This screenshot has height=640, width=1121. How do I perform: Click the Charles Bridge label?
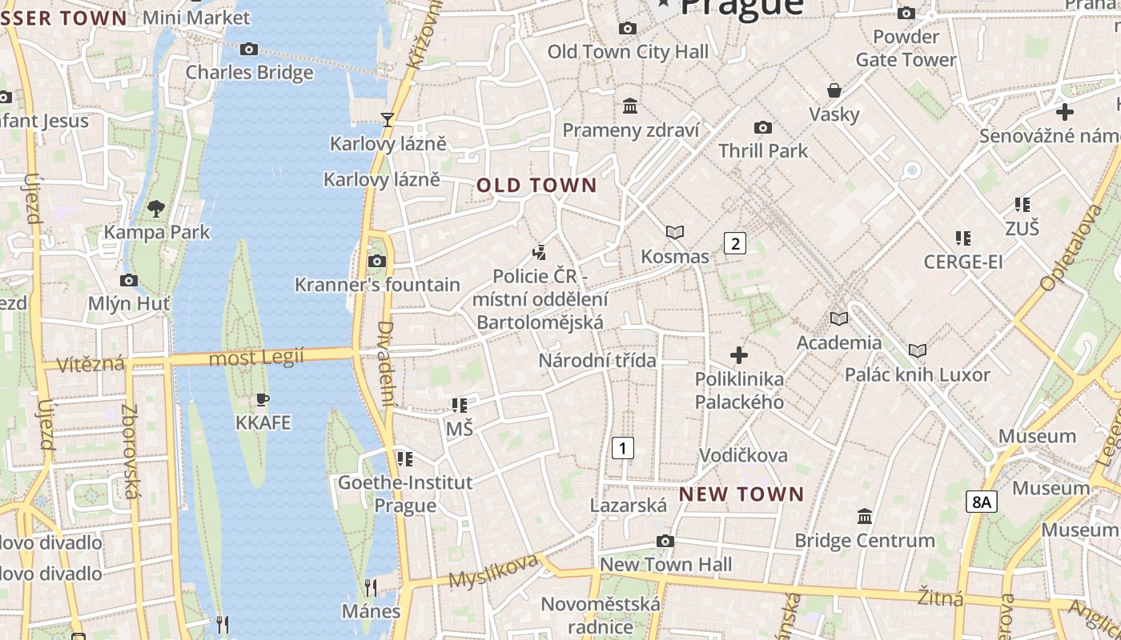(249, 73)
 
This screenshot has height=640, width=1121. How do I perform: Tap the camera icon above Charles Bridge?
(249, 50)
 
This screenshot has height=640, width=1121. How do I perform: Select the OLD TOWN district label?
(536, 186)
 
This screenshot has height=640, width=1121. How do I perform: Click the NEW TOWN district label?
(741, 494)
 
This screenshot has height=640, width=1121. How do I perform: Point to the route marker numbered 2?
(734, 243)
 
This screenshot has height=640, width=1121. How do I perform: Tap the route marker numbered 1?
(622, 448)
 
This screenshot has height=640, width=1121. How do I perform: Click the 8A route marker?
(981, 502)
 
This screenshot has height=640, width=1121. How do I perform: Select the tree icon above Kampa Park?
(156, 209)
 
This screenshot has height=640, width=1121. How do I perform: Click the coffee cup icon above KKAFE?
(262, 399)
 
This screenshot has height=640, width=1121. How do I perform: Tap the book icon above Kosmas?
(675, 233)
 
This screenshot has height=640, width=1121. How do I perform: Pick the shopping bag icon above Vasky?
(834, 90)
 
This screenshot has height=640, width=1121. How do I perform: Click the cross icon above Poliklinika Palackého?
(739, 354)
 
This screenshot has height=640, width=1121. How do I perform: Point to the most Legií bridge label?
(256, 358)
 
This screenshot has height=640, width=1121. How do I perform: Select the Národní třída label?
(597, 361)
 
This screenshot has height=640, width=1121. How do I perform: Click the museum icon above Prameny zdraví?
(630, 106)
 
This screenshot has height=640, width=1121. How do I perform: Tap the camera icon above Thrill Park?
(763, 127)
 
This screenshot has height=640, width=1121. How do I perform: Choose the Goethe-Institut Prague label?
(405, 494)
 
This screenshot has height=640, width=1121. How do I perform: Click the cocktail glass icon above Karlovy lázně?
(388, 120)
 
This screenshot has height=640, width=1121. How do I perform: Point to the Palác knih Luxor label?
(918, 374)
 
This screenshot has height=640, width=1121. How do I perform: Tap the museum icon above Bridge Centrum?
(865, 517)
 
